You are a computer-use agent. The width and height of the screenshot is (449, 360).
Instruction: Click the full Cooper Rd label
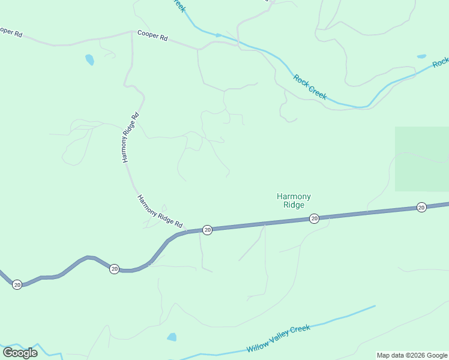pyautogui.click(x=152, y=36)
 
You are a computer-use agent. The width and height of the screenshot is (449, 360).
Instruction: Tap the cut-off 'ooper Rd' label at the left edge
pyautogui.click(x=11, y=32)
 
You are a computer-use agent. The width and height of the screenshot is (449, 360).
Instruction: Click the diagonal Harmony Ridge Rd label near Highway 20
pyautogui.click(x=159, y=212)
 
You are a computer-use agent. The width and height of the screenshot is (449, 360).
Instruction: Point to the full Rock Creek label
pyautogui.click(x=310, y=86)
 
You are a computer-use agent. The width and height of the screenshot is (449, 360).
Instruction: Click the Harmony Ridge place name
pyautogui.click(x=294, y=200)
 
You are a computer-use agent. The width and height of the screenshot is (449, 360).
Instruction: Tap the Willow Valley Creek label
pyautogui.click(x=278, y=339)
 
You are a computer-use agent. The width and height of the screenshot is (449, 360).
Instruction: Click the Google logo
pyautogui.click(x=20, y=352)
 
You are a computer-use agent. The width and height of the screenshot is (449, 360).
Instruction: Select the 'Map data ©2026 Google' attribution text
pyautogui.click(x=412, y=355)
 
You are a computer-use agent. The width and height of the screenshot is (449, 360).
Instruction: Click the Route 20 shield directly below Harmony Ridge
pyautogui.click(x=314, y=218)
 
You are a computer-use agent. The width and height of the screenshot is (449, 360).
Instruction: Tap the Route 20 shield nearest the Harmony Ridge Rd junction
pyautogui.click(x=207, y=230)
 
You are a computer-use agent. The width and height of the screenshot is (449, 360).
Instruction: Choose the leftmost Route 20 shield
pyautogui.click(x=17, y=284)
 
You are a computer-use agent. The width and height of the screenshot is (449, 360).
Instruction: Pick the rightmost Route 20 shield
pyautogui.click(x=421, y=208)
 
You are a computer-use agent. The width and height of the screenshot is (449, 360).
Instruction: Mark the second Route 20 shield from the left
pyautogui.click(x=114, y=269)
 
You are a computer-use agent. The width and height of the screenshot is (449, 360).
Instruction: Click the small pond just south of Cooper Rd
pyautogui.click(x=89, y=59)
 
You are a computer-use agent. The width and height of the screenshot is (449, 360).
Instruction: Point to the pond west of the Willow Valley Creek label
pyautogui.click(x=172, y=337)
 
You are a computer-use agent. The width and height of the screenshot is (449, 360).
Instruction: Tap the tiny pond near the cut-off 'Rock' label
pyautogui.click(x=421, y=56)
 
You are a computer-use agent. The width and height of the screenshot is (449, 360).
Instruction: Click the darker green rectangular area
pyautogui.click(x=421, y=159)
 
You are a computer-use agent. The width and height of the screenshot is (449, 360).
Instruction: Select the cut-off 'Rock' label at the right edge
pyautogui.click(x=441, y=62)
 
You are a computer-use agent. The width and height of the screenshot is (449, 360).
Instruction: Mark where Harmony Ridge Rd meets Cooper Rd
pyautogui.click(x=131, y=32)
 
